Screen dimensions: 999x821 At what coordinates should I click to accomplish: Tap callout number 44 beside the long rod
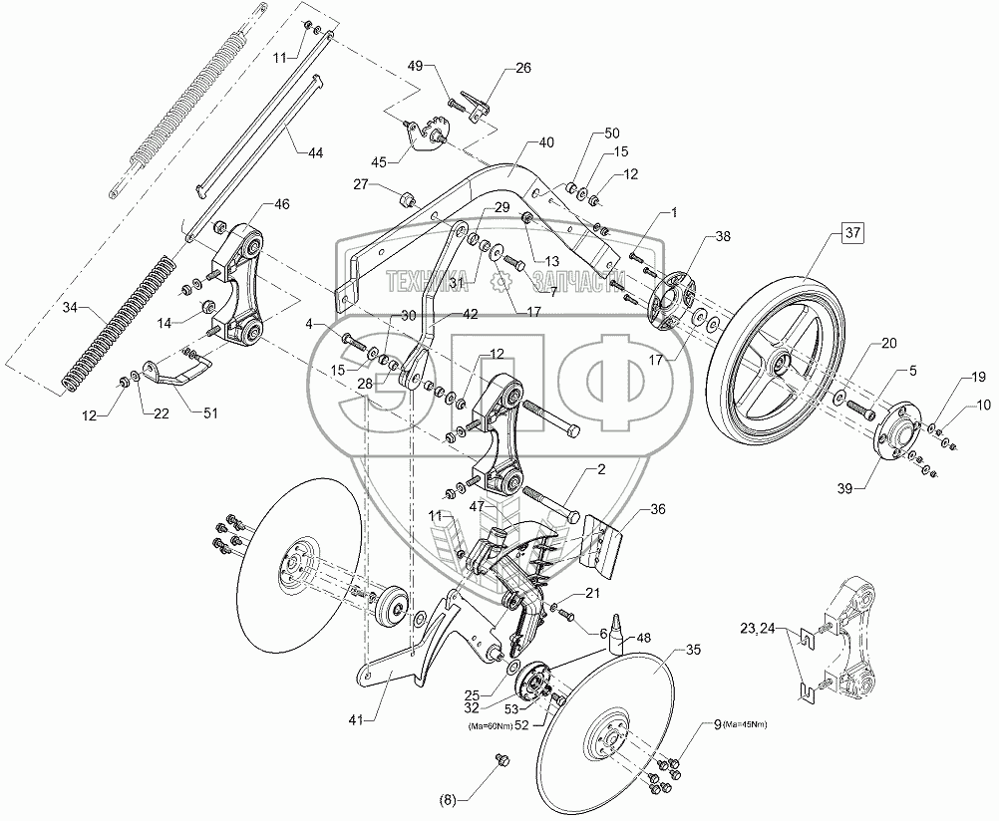(315, 152)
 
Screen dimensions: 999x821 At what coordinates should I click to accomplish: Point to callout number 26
(523, 69)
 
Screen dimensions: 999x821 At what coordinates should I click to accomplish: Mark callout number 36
(657, 509)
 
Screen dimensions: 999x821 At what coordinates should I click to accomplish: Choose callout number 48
(643, 639)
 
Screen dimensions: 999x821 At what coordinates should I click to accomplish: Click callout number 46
(281, 203)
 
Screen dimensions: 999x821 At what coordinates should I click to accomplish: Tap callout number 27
(359, 185)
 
